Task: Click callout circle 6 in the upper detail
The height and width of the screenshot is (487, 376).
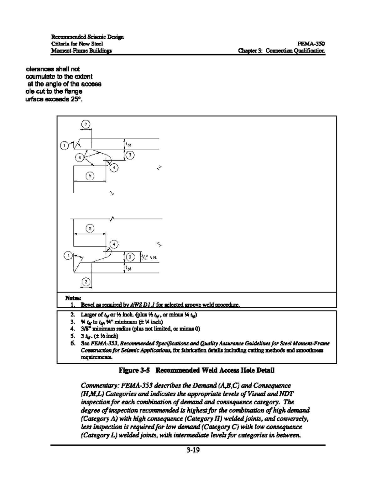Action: [80, 158]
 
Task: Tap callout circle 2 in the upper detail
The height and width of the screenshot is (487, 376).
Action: [85, 124]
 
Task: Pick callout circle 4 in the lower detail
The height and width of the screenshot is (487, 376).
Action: [114, 244]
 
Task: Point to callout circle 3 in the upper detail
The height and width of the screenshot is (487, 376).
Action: [130, 155]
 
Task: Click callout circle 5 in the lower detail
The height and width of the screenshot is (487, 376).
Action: [90, 229]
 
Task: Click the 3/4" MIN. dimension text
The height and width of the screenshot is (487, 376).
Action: [149, 257]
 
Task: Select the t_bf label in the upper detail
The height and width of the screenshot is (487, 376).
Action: [128, 145]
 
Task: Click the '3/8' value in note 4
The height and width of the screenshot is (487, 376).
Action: [85, 329]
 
